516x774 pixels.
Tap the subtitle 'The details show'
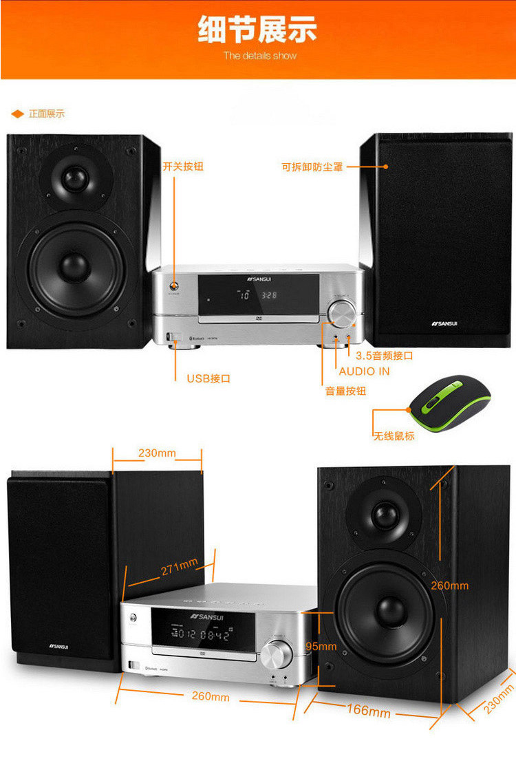pyautogui.click(x=259, y=55)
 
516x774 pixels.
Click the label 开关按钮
pyautogui.click(x=183, y=166)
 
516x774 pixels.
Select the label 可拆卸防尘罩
pyautogui.click(x=312, y=166)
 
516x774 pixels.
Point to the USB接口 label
pyautogui.click(x=208, y=378)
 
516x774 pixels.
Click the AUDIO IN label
pyautogui.click(x=364, y=371)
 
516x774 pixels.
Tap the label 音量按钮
pyautogui.click(x=345, y=391)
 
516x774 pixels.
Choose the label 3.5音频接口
pyautogui.click(x=384, y=356)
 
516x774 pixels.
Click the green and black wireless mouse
pyautogui.click(x=450, y=404)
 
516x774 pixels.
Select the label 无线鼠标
pyautogui.click(x=394, y=436)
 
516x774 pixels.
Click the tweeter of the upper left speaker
pyautogui.click(x=76, y=178)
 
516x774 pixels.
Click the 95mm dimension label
pyautogui.click(x=321, y=646)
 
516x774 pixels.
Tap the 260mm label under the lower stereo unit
pyautogui.click(x=211, y=696)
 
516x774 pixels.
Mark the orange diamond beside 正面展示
pyautogui.click(x=18, y=114)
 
